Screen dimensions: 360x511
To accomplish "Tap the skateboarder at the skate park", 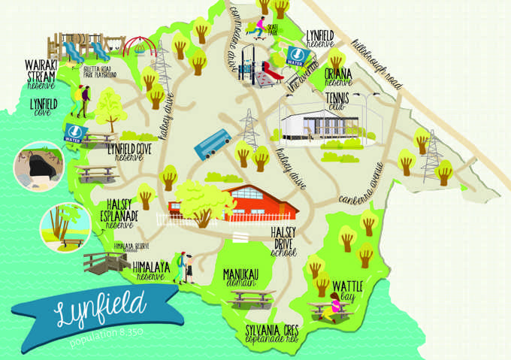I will [260, 28].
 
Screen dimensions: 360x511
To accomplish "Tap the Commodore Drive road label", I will [245, 31].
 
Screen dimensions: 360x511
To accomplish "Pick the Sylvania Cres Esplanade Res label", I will [268, 333].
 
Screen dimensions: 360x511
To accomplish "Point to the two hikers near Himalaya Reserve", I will [186, 267].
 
